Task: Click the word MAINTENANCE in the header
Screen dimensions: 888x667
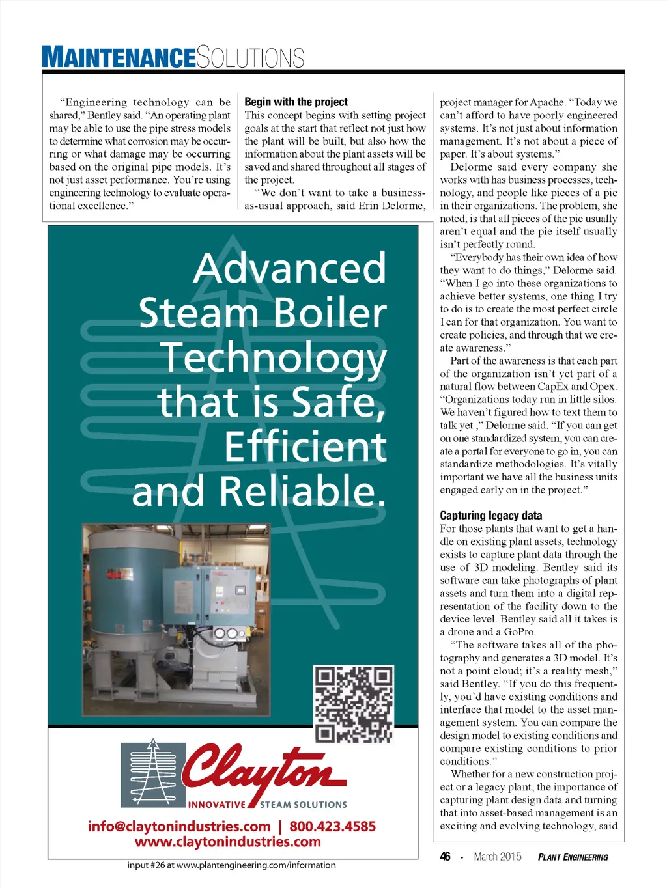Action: (119, 57)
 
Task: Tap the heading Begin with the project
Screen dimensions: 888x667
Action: (296, 102)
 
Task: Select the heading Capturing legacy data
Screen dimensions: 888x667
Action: (490, 516)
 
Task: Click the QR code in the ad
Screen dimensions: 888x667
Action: (354, 704)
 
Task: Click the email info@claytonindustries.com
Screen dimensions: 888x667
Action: (179, 826)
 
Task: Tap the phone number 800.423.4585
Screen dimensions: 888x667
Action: (332, 826)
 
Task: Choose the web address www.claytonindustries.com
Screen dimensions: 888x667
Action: (227, 842)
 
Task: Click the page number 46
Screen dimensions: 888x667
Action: (445, 857)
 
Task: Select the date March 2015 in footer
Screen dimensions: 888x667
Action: (498, 857)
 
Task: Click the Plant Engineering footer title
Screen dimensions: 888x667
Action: (573, 857)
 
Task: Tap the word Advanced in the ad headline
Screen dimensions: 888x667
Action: (290, 268)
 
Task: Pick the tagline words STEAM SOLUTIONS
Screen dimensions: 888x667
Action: (303, 805)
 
